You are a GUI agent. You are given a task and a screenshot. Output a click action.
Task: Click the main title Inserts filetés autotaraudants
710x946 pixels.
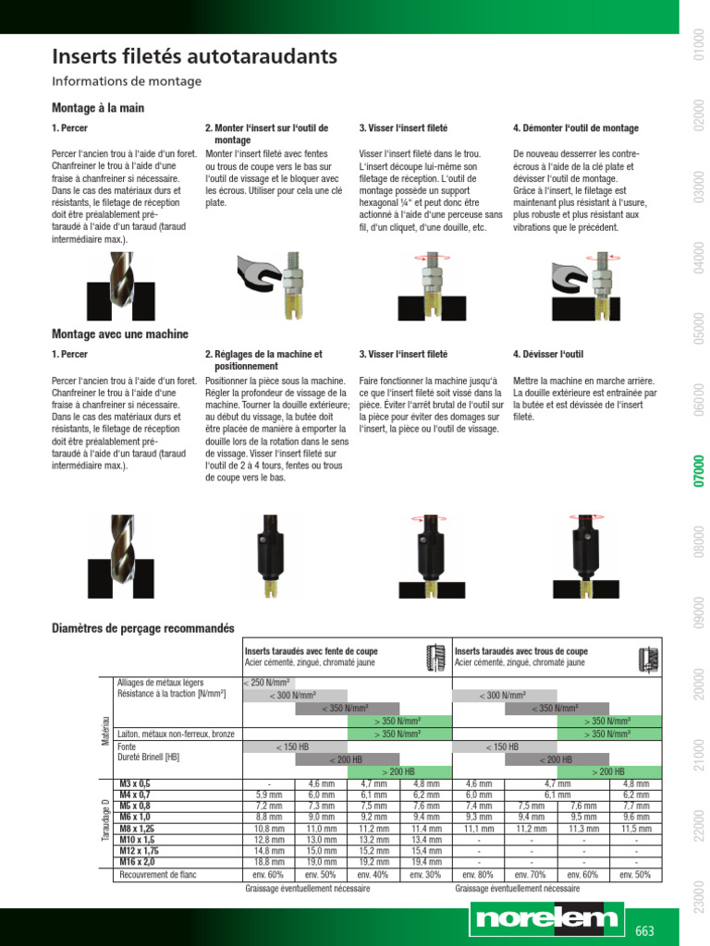(x=194, y=56)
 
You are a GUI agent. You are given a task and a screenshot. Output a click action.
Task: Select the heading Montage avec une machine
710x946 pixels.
(x=120, y=334)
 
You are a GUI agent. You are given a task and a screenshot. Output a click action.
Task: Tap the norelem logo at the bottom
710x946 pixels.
(x=547, y=919)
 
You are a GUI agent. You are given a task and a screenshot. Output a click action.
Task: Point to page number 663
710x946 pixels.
(x=644, y=931)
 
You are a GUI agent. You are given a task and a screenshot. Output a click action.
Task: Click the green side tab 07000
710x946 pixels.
(x=699, y=470)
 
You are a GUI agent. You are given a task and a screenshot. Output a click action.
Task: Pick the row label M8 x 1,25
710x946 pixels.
(x=137, y=829)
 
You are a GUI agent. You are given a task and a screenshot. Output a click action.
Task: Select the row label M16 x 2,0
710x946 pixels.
(x=137, y=862)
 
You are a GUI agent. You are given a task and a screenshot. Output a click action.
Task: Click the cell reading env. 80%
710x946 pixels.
(x=478, y=874)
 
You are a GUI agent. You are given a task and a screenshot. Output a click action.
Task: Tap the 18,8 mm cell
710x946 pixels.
(x=269, y=862)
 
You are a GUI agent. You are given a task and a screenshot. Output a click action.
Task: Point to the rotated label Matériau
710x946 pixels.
(x=105, y=731)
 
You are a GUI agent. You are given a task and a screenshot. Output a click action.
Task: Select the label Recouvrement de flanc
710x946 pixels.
(x=157, y=874)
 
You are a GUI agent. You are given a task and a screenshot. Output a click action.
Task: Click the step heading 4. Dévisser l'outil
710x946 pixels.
(x=548, y=354)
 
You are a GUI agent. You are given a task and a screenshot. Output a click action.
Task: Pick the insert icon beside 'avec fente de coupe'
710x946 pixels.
(x=436, y=658)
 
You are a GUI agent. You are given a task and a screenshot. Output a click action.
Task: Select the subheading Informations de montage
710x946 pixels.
(x=127, y=81)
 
